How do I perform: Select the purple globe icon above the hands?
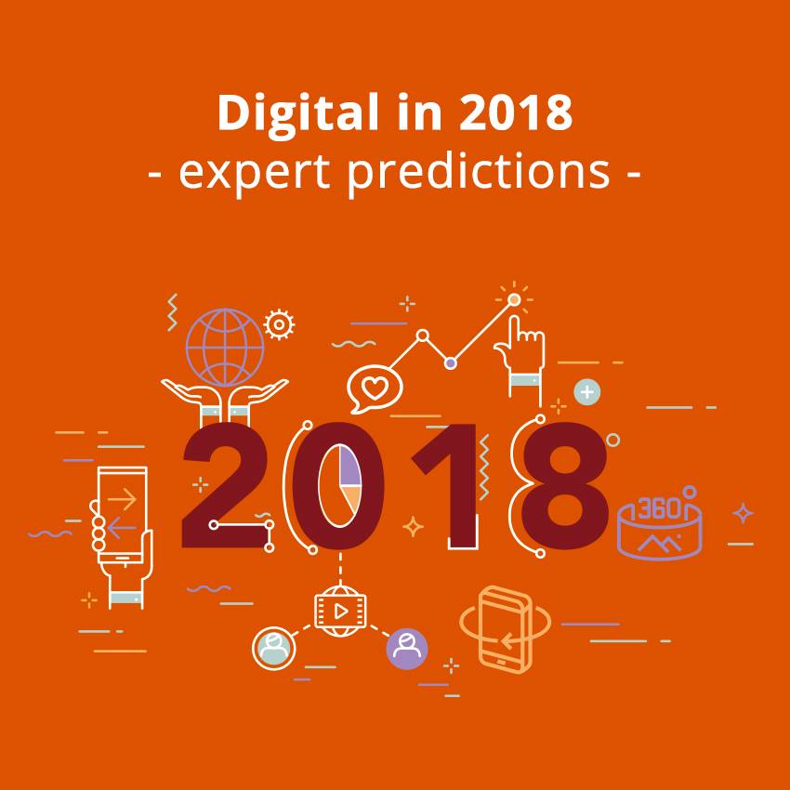click(x=225, y=348)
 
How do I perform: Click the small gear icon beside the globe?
click(x=279, y=324)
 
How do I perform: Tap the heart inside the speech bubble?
click(x=375, y=388)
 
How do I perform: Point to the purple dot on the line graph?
click(x=451, y=362)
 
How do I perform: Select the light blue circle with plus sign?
click(x=587, y=391)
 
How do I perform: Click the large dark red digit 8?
click(x=564, y=486)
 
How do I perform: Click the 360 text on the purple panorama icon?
click(x=660, y=508)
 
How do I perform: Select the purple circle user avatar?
click(x=407, y=649)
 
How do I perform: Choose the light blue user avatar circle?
click(x=273, y=649)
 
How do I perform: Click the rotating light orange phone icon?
click(x=505, y=629)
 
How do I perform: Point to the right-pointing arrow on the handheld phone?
click(x=122, y=499)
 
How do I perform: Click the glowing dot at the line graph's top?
click(x=514, y=300)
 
